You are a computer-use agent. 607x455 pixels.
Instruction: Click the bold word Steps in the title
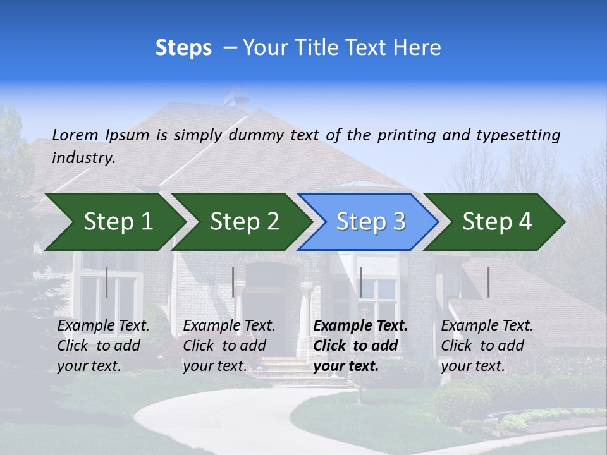(x=183, y=48)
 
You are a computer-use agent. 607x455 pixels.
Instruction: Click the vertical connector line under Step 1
(x=107, y=282)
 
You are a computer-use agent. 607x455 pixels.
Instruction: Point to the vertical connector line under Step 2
(x=233, y=282)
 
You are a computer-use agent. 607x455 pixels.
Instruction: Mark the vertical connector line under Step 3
(x=360, y=282)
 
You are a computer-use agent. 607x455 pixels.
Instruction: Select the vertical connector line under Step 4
(x=489, y=282)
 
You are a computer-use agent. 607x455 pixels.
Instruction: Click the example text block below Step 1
(x=103, y=346)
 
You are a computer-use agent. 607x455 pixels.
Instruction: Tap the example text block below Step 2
(x=229, y=346)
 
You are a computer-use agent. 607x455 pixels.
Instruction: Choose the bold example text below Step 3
(x=360, y=346)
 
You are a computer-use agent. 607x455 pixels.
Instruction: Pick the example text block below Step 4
(x=487, y=346)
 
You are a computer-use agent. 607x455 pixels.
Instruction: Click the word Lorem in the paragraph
(x=75, y=135)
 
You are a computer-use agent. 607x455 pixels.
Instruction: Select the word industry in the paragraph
(x=83, y=158)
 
